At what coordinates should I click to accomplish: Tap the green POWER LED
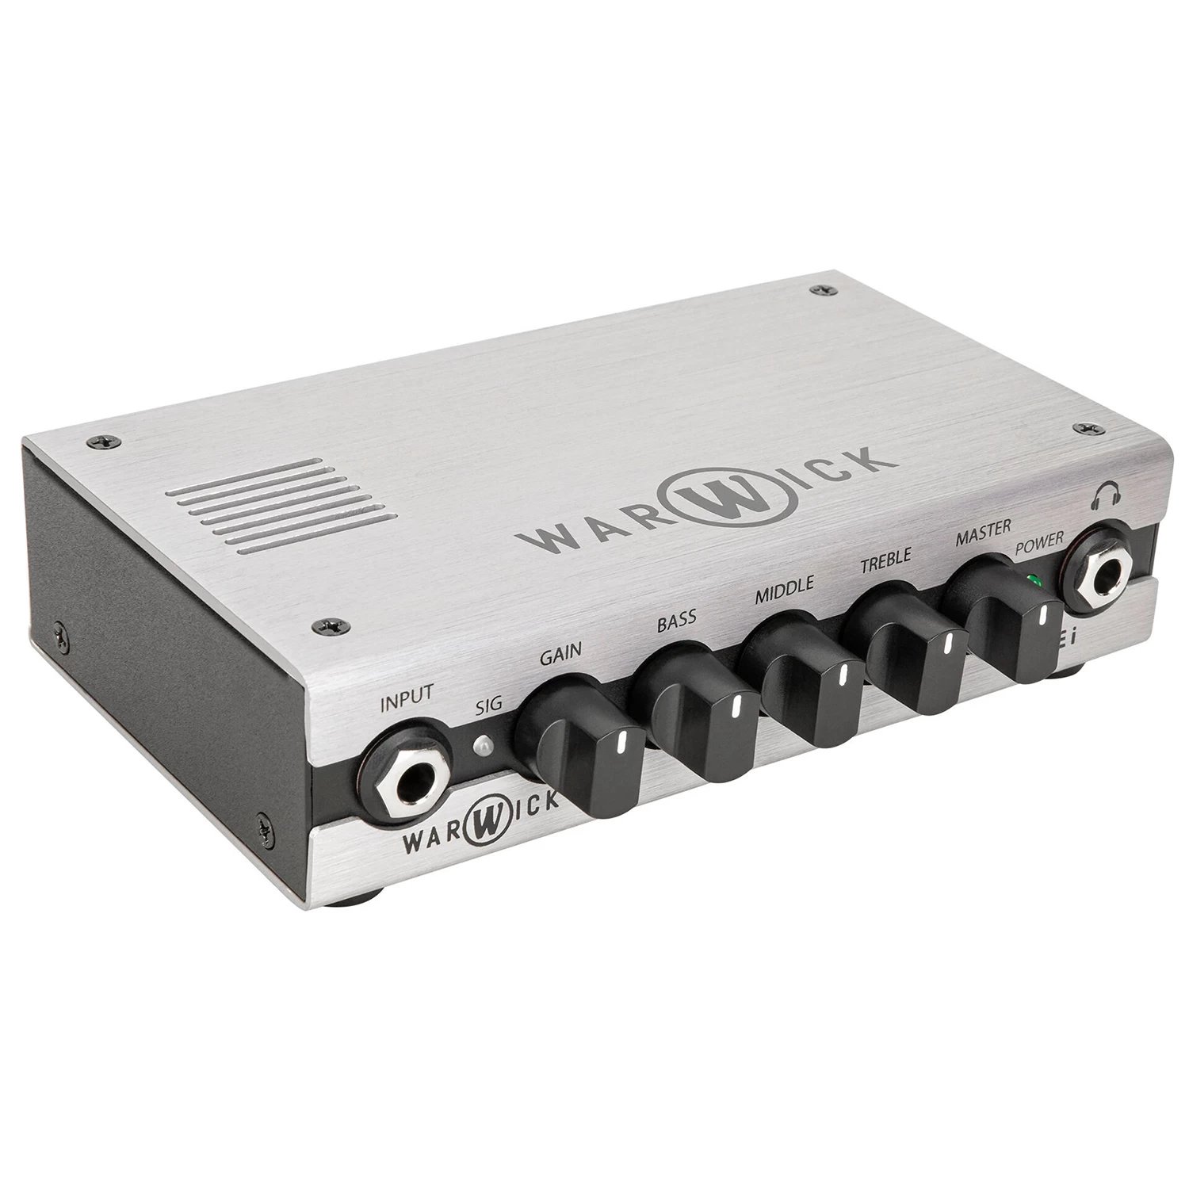tap(1031, 579)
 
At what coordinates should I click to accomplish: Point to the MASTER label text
tap(982, 533)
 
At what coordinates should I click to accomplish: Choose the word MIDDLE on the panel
tap(784, 591)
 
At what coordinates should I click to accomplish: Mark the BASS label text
tap(676, 620)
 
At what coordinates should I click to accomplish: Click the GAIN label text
tap(560, 654)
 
